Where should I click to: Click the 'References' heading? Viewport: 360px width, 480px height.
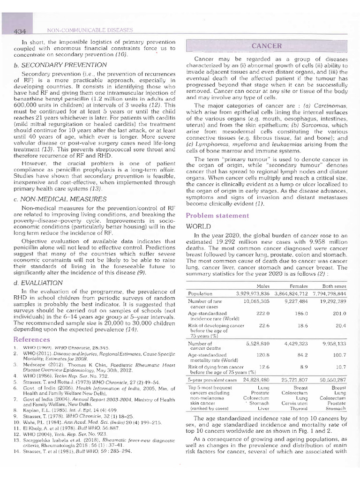(32, 339)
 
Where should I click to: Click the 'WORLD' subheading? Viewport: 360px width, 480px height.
(198, 226)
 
